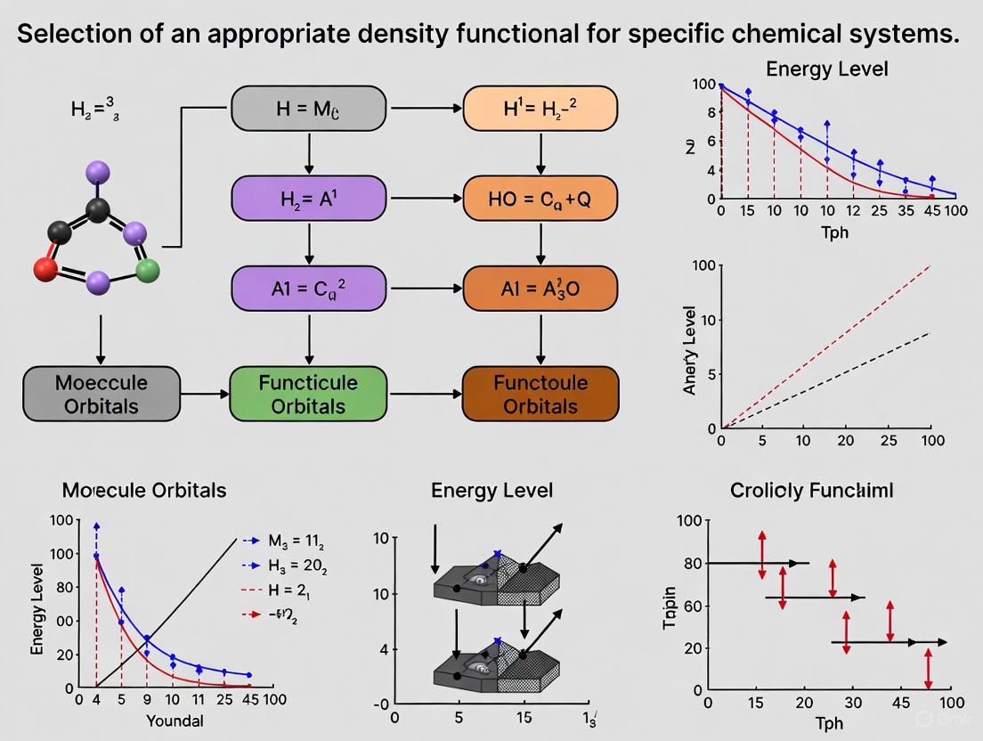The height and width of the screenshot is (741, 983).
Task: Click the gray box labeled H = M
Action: (x=308, y=110)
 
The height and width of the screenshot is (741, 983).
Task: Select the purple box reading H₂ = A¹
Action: (x=308, y=198)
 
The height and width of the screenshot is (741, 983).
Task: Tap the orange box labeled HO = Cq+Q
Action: (x=540, y=198)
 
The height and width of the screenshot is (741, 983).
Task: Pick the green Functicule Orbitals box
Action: (x=308, y=394)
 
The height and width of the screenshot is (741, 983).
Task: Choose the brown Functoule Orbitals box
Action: (x=540, y=394)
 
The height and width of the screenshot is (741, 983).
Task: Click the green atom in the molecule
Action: (x=148, y=272)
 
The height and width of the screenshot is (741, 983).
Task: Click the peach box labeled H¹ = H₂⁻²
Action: (x=540, y=110)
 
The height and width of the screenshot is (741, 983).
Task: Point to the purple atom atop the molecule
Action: (x=99, y=172)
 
